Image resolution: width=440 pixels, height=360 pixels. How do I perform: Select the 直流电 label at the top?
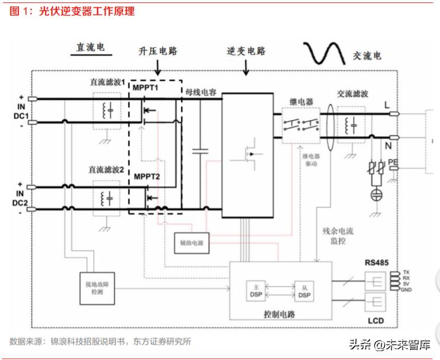(90, 48)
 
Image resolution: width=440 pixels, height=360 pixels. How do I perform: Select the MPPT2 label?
(146, 176)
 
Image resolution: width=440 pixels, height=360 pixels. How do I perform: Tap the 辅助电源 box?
(190, 242)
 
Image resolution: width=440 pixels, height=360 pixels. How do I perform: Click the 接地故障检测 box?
(98, 287)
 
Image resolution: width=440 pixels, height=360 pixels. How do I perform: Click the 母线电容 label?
(200, 92)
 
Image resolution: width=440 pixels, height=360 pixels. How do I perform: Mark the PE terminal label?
(393, 162)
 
